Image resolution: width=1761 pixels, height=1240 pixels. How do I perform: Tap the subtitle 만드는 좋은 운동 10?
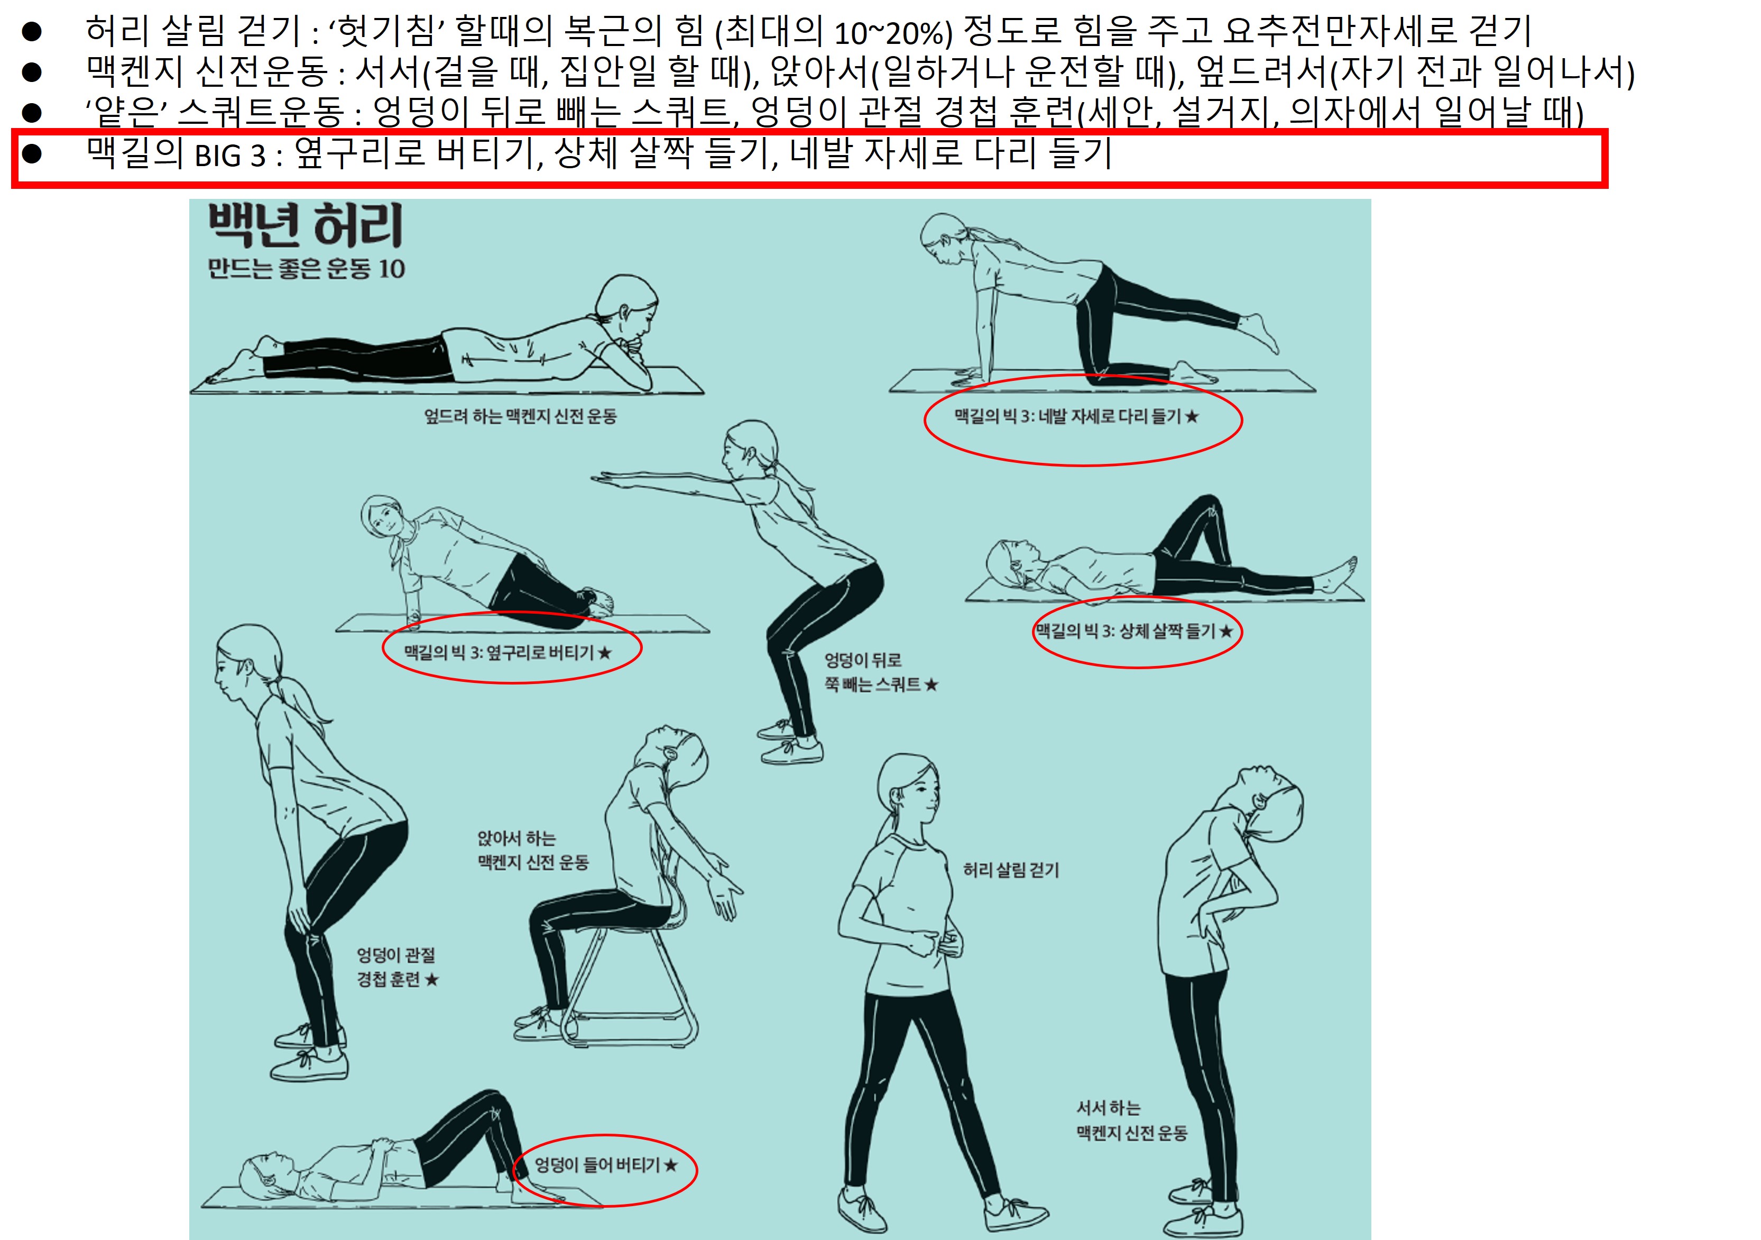[x=306, y=269]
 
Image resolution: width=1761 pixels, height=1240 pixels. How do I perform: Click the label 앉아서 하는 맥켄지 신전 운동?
[x=533, y=850]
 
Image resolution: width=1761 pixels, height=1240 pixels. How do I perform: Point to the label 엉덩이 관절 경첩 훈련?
[x=398, y=967]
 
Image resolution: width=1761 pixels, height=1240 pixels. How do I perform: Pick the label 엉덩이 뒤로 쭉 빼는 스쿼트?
[x=881, y=672]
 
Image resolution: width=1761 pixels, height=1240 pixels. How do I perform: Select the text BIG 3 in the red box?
[x=229, y=156]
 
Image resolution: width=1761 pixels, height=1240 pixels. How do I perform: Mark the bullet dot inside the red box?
[x=31, y=153]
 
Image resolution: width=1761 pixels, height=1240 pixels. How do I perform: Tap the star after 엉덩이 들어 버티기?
[x=671, y=1165]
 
